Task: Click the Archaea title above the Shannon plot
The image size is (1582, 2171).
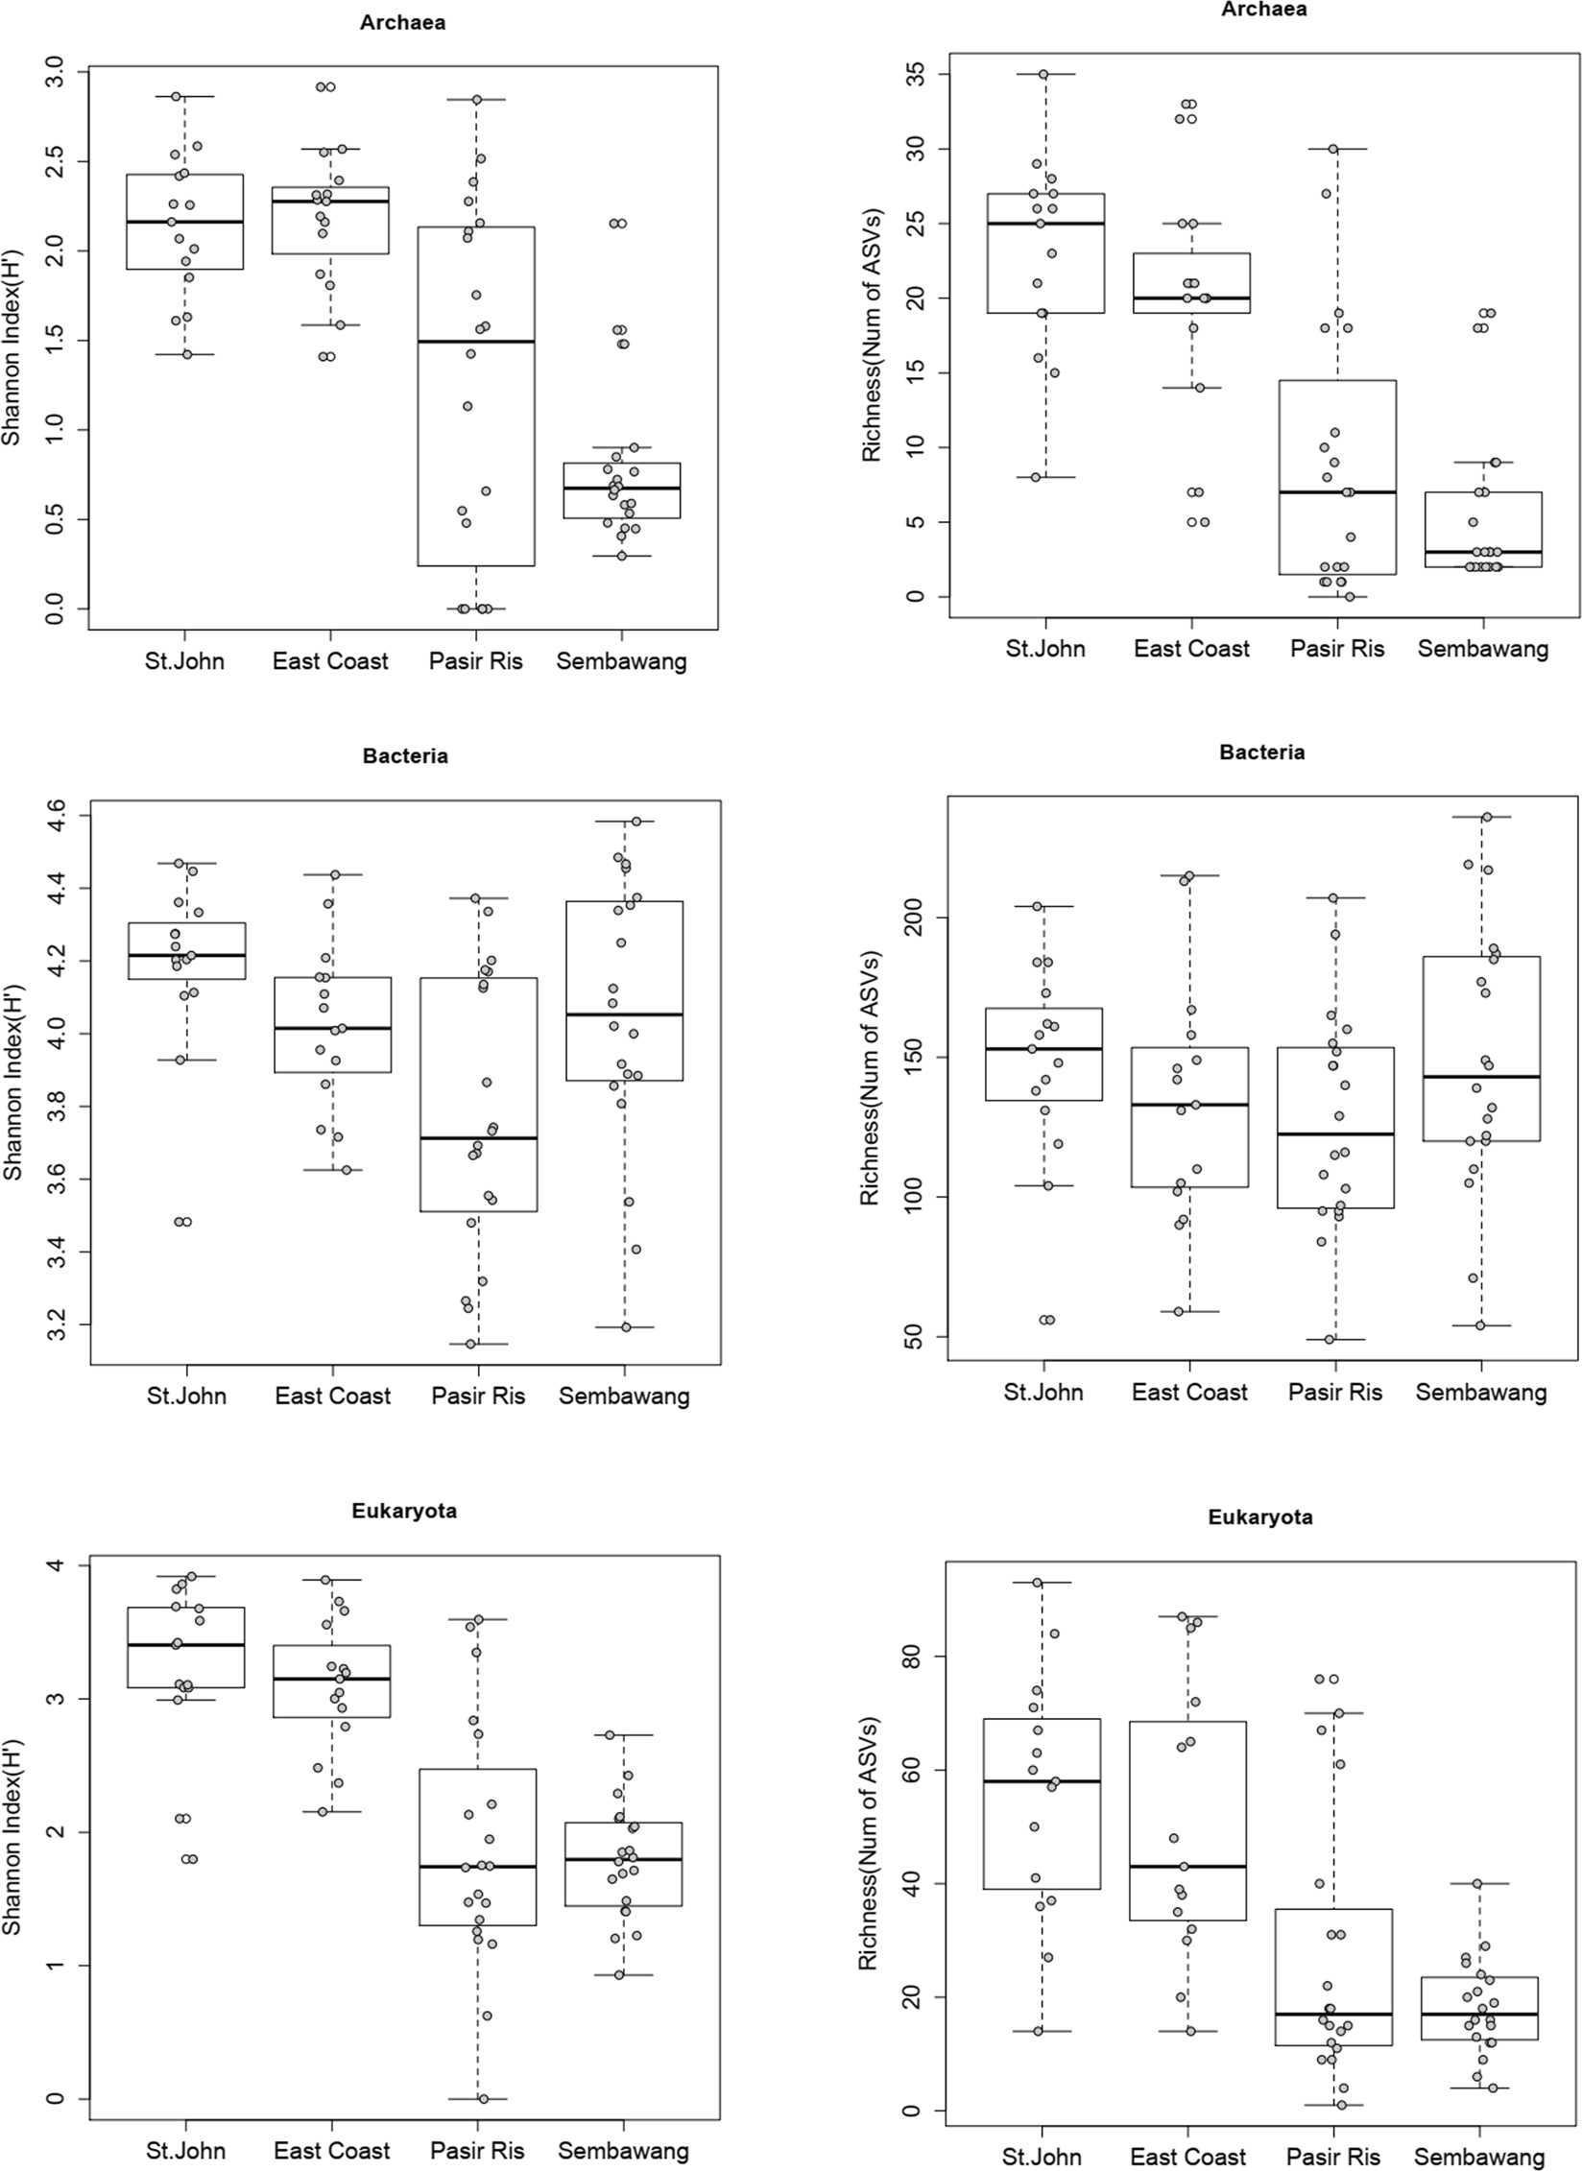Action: coord(402,23)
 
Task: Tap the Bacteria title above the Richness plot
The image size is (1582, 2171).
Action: coord(1261,752)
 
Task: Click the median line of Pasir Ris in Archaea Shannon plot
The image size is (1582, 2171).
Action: coord(476,342)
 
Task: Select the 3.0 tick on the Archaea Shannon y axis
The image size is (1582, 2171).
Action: coord(55,72)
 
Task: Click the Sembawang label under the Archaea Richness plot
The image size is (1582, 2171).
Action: coord(1482,649)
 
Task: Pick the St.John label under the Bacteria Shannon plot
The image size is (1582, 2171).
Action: coord(186,1396)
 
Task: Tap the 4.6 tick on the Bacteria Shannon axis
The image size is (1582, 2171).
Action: coord(57,816)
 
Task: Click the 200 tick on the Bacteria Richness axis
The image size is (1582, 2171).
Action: coord(914,918)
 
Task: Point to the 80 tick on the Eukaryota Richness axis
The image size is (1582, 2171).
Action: coord(914,1657)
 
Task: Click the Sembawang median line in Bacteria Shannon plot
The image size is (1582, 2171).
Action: coord(624,1014)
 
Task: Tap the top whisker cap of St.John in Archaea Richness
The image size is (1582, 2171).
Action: coord(1044,74)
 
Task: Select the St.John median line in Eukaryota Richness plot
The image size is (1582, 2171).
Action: coord(1043,1781)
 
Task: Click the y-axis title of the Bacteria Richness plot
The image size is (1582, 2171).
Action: coord(869,1078)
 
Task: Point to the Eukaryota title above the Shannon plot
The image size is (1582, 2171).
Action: coord(404,1511)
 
